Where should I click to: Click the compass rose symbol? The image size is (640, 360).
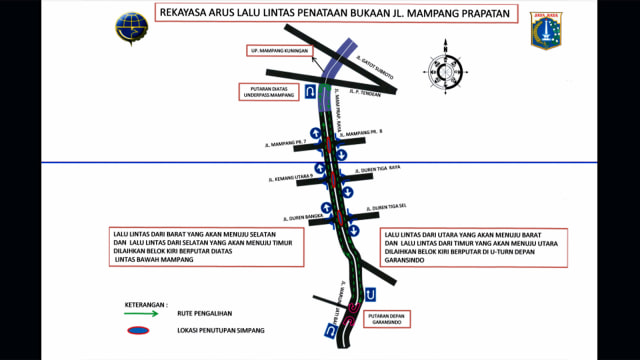444,71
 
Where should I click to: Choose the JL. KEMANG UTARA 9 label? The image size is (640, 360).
290,179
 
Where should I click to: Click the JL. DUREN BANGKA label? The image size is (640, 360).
301,215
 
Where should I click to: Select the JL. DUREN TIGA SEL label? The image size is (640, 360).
379,209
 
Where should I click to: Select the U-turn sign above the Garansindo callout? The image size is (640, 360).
370,294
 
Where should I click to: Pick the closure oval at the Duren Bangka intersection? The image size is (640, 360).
340,217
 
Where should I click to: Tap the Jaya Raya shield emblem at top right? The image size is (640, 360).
544,31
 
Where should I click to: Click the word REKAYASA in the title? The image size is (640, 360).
184,15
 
